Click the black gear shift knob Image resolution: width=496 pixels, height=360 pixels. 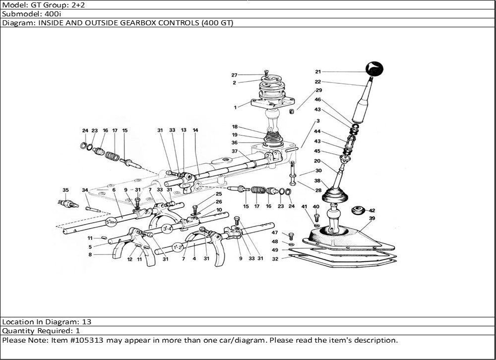pos(374,69)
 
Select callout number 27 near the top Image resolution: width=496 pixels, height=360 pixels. pos(234,75)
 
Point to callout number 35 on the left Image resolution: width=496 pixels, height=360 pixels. pos(65,190)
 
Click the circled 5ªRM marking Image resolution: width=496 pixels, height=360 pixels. pos(111,222)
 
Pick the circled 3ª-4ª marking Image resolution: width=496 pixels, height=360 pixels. pos(167,229)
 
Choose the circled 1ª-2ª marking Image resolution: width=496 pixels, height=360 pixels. pos(178,246)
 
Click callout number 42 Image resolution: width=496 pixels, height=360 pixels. pos(372,210)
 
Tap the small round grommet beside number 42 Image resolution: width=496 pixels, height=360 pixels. pos(358,211)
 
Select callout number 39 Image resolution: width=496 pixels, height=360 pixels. pos(372,218)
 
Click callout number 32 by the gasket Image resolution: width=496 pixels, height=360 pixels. pos(275,258)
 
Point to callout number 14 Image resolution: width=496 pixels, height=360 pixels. pos(195,130)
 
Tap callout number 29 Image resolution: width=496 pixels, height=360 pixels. pos(318,90)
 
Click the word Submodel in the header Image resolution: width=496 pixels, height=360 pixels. pos(18,14)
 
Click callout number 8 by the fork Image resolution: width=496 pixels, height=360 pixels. pos(90,255)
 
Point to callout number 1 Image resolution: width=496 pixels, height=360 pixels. pos(235,107)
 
